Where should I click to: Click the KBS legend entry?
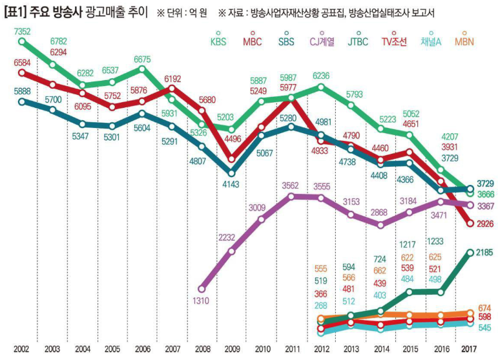tap(218, 42)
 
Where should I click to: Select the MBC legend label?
tap(253, 42)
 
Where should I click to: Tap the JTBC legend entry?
tap(357, 42)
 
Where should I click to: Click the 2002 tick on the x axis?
tap(20, 349)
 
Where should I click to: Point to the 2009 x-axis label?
tap(231, 349)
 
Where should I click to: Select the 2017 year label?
tap(471, 349)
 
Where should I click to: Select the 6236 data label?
tap(321, 76)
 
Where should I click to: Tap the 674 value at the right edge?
tap(484, 308)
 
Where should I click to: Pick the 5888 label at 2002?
tap(16, 91)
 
